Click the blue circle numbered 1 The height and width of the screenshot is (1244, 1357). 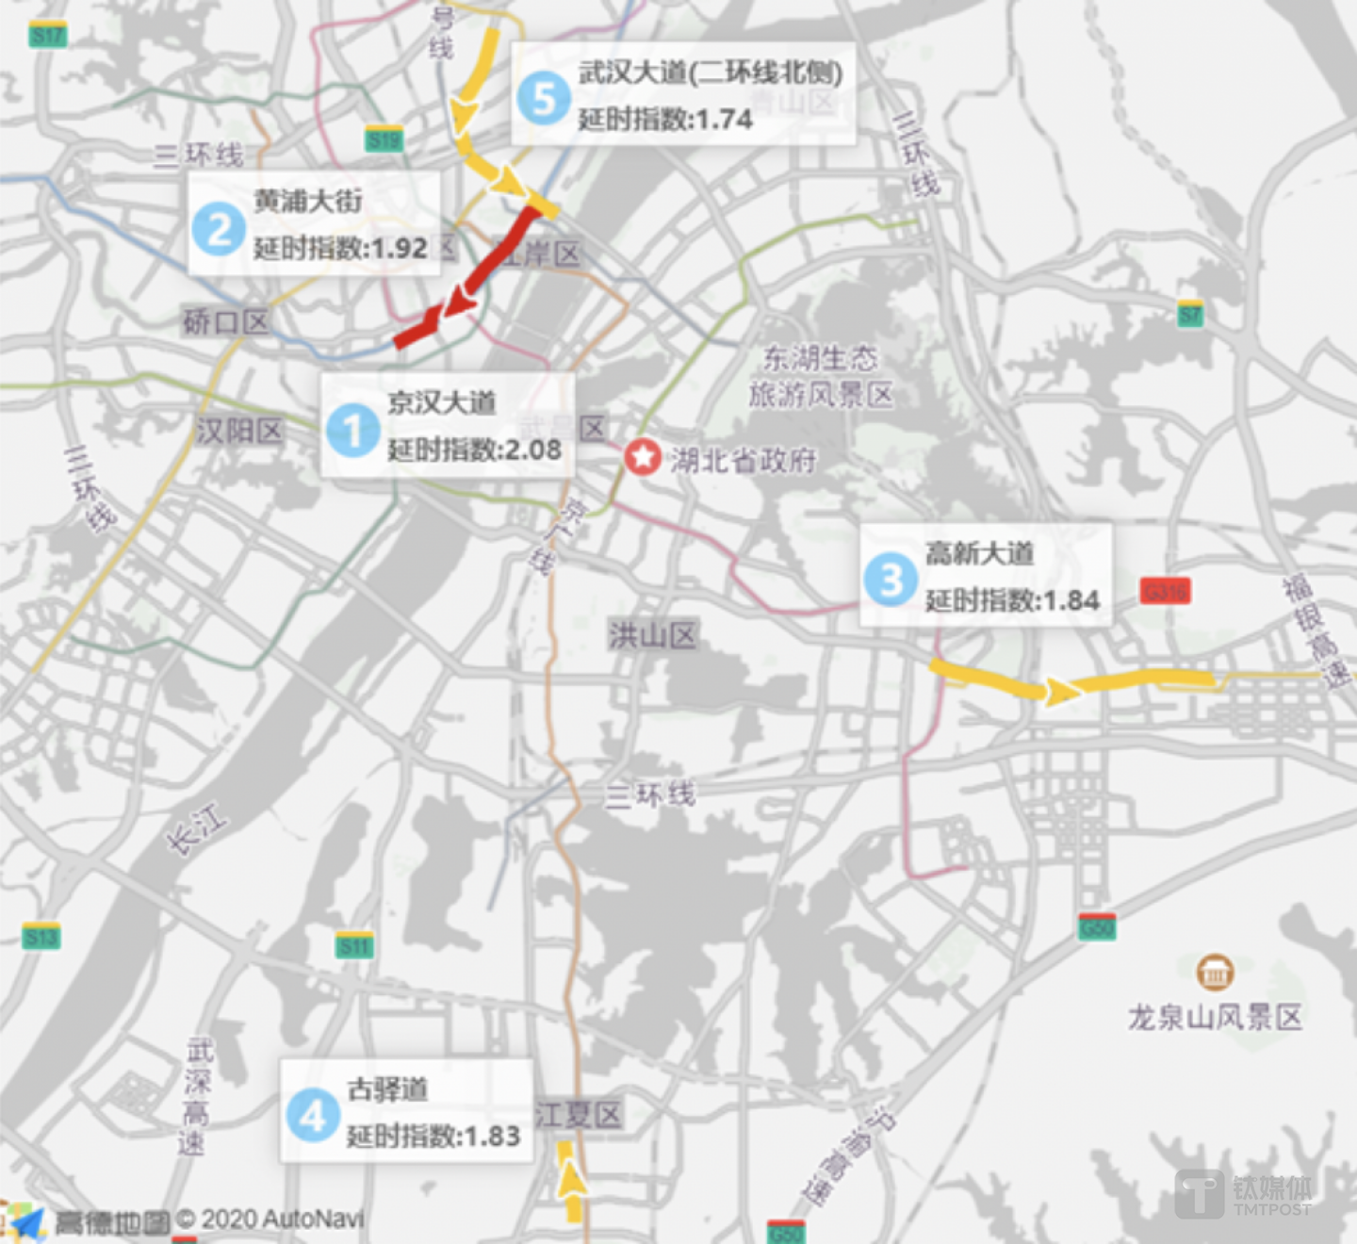tap(352, 430)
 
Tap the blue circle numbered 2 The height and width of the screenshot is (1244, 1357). tap(219, 229)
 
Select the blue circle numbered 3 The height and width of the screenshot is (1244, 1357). tap(891, 579)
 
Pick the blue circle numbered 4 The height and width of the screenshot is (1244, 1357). tap(313, 1115)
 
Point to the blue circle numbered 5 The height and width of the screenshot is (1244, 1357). tap(544, 98)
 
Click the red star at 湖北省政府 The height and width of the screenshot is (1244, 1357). tap(643, 458)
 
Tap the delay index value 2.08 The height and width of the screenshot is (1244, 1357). tap(533, 450)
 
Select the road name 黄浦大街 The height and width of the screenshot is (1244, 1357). tap(308, 201)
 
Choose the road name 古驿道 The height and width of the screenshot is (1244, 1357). tap(387, 1089)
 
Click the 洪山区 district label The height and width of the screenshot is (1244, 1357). tap(652, 635)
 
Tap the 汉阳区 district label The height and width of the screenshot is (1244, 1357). tap(239, 431)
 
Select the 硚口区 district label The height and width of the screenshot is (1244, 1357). tap(226, 322)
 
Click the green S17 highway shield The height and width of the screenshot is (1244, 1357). tap(47, 36)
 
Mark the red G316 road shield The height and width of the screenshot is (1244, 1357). tap(1165, 591)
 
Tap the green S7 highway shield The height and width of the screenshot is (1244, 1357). tap(1190, 314)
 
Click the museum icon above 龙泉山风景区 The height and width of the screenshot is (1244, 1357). tap(1215, 973)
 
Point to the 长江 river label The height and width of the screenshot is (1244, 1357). tap(197, 828)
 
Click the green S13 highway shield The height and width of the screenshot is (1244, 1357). tap(41, 937)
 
